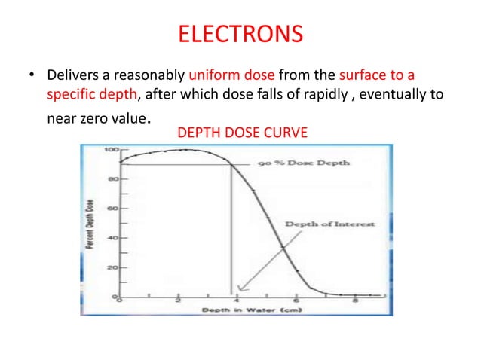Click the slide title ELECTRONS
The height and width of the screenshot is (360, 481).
tap(240, 34)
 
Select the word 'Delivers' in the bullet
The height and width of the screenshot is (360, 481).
tap(69, 76)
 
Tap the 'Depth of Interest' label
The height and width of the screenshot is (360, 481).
tap(329, 224)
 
